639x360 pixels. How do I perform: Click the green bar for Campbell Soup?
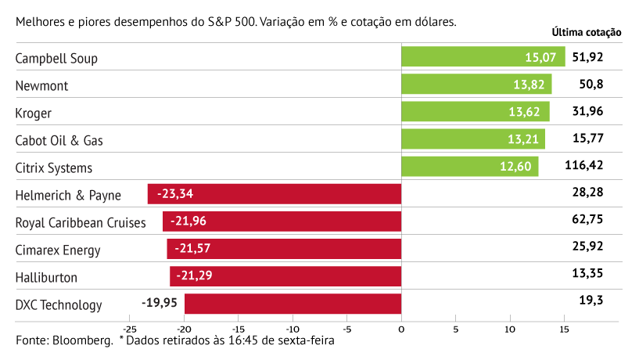[483, 57]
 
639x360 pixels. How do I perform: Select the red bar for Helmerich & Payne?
[274, 194]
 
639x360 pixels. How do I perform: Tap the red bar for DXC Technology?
[293, 304]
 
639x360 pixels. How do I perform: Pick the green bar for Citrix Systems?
[469, 167]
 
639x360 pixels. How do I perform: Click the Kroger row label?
[34, 113]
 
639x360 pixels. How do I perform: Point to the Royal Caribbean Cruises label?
[81, 222]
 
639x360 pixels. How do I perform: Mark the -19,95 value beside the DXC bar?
[160, 304]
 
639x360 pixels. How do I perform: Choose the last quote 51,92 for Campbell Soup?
[587, 57]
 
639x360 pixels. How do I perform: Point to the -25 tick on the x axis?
[129, 329]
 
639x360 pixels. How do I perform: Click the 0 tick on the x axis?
[401, 329]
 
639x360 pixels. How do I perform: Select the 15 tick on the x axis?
[564, 329]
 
